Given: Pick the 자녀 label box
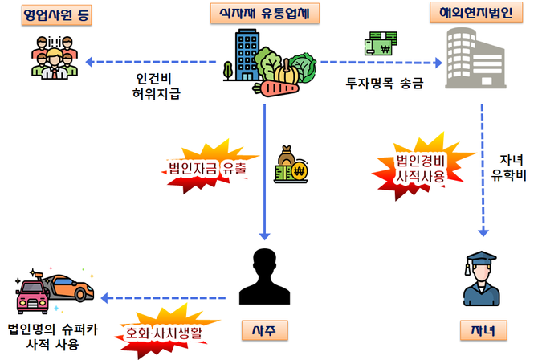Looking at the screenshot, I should [x=481, y=330].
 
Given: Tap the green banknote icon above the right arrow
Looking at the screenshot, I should [x=381, y=43].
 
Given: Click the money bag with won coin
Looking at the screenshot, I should [x=289, y=165].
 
